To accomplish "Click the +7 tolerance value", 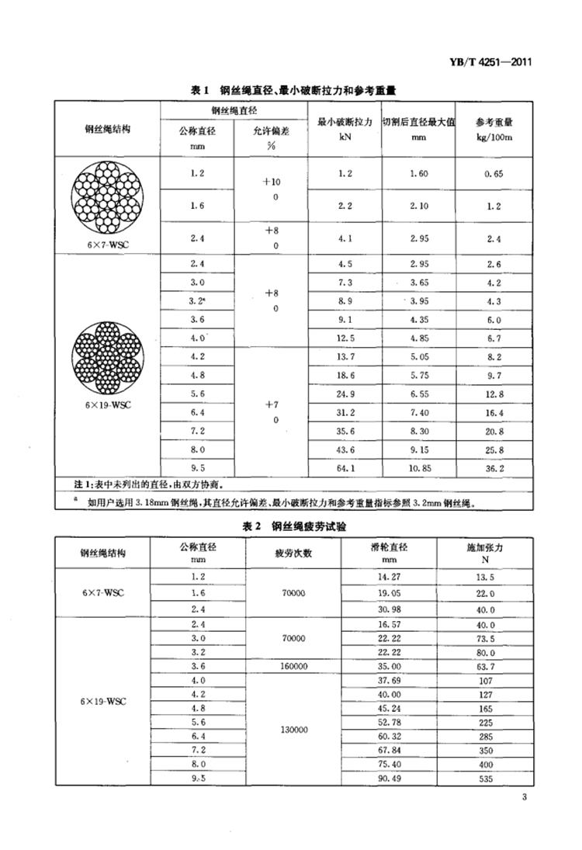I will (x=272, y=404).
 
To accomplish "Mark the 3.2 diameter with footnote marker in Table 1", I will (x=197, y=300).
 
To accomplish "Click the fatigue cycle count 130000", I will (x=292, y=729).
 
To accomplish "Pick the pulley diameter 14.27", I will (x=389, y=577).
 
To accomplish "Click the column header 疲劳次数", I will (x=293, y=553).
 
